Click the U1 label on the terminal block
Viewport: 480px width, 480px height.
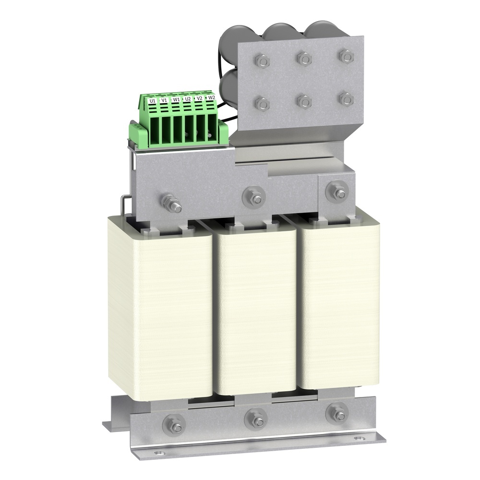pos(152,101)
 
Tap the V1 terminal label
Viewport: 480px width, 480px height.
pos(164,100)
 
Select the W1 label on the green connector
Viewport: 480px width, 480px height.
pos(176,99)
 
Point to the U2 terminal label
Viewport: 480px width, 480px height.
pos(188,98)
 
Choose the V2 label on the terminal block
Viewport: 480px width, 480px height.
pos(200,98)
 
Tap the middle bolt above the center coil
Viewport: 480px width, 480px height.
pos(253,196)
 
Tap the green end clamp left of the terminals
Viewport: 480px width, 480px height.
pos(137,132)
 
